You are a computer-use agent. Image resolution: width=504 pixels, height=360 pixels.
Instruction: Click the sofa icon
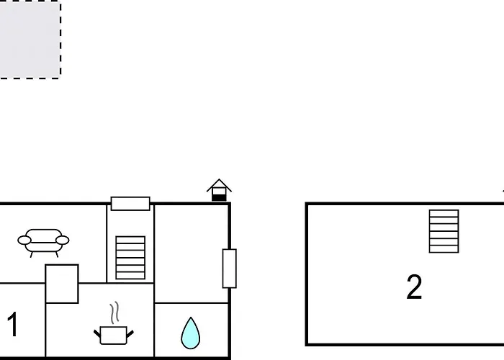pyautogui.click(x=43, y=243)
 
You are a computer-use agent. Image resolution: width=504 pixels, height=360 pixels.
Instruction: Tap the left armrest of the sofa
pyautogui.click(x=24, y=240)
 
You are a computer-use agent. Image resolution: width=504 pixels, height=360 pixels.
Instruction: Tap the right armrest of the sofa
pyautogui.click(x=63, y=240)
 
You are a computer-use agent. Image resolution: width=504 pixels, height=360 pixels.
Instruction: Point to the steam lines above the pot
pyautogui.click(x=114, y=312)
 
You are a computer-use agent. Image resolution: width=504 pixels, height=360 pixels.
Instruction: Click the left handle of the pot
pyautogui.click(x=97, y=333)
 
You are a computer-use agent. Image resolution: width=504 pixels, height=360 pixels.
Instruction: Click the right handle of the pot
pyautogui.click(x=130, y=333)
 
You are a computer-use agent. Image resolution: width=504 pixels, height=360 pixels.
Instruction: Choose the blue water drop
pyautogui.click(x=191, y=333)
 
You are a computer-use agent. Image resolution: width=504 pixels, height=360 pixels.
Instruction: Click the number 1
pyautogui.click(x=13, y=324)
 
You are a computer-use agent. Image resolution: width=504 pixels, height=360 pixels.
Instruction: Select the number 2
pyautogui.click(x=414, y=287)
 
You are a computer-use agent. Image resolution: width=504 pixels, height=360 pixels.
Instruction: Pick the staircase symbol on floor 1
pyautogui.click(x=130, y=258)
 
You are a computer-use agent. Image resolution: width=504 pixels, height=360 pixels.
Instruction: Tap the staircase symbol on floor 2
pyautogui.click(x=444, y=231)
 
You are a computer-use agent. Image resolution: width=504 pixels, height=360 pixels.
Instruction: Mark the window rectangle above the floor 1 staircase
pyautogui.click(x=130, y=204)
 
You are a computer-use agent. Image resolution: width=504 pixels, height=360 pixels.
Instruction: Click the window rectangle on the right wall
pyautogui.click(x=230, y=269)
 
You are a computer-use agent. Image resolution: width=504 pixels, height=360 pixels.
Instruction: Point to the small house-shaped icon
pyautogui.click(x=219, y=190)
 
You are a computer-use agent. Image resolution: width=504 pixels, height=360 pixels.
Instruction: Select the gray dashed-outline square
pyautogui.click(x=30, y=39)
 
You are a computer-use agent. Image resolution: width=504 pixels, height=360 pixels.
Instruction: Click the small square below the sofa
pyautogui.click(x=62, y=284)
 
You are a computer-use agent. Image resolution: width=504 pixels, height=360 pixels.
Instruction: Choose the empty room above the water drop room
pyautogui.click(x=192, y=253)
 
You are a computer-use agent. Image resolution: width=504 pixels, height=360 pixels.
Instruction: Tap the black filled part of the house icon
pyautogui.click(x=219, y=197)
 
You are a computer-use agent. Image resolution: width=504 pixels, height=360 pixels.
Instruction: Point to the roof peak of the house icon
pyautogui.click(x=219, y=179)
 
